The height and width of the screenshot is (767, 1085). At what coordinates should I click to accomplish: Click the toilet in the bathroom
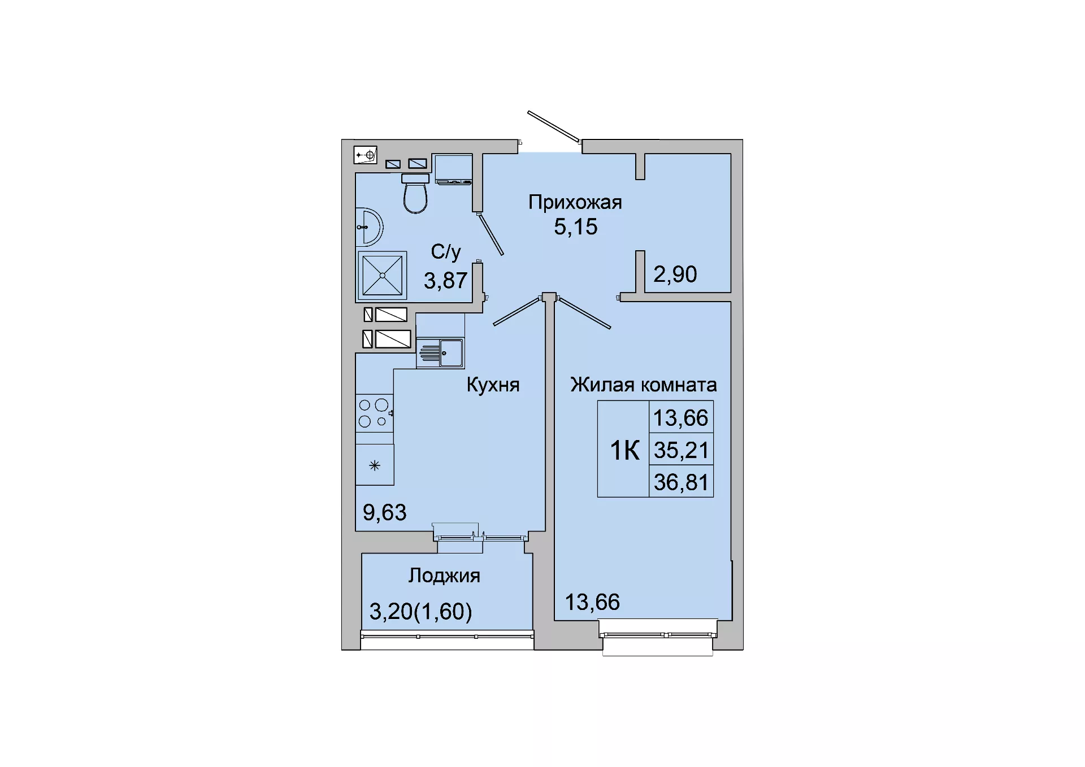(x=415, y=193)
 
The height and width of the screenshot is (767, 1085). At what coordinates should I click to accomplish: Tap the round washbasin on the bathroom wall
(x=369, y=227)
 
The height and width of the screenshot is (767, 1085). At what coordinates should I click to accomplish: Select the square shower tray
(x=382, y=276)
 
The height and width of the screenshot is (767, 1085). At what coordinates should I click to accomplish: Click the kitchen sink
(x=440, y=353)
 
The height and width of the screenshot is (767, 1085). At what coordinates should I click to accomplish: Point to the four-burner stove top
(x=374, y=413)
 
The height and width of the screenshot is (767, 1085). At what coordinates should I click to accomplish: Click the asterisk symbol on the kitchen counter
(x=375, y=465)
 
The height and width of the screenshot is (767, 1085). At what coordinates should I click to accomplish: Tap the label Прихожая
(x=575, y=202)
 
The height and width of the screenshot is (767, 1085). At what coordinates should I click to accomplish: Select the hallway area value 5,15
(x=575, y=227)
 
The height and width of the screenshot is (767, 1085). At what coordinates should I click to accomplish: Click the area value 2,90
(x=675, y=274)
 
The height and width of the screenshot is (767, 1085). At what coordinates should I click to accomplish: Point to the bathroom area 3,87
(x=446, y=281)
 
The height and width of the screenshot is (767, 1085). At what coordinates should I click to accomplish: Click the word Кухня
(x=493, y=385)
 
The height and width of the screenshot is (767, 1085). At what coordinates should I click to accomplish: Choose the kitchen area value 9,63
(x=384, y=513)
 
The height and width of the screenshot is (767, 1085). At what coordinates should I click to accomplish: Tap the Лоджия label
(x=444, y=576)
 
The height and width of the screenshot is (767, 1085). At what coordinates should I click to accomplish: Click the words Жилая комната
(x=644, y=385)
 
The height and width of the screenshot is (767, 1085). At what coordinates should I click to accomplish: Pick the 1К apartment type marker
(x=624, y=451)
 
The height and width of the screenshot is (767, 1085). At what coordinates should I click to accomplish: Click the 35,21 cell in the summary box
(x=681, y=450)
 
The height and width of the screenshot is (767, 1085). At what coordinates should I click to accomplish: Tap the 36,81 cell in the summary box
(x=681, y=482)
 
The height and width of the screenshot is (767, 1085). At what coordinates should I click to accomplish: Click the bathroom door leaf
(x=490, y=234)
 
